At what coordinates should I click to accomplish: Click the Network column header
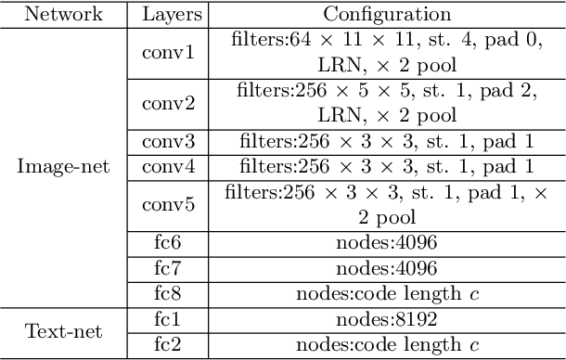63,14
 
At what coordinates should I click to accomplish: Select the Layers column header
168,14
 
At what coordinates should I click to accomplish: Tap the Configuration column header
386,14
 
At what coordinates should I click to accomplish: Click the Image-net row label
63,167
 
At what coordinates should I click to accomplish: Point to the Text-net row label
63,331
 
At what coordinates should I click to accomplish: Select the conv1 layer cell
168,53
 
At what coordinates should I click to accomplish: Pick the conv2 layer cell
168,103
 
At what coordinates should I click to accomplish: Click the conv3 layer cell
168,142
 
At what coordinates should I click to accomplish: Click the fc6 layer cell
168,244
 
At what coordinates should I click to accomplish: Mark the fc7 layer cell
168,269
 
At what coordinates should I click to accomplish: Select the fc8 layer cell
168,295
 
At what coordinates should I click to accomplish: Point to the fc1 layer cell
168,320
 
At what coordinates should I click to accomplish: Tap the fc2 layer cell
168,345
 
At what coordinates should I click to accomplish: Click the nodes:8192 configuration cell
386,320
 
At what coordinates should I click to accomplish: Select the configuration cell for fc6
386,244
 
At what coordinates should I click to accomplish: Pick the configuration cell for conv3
386,142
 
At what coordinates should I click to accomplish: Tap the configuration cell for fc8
386,295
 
